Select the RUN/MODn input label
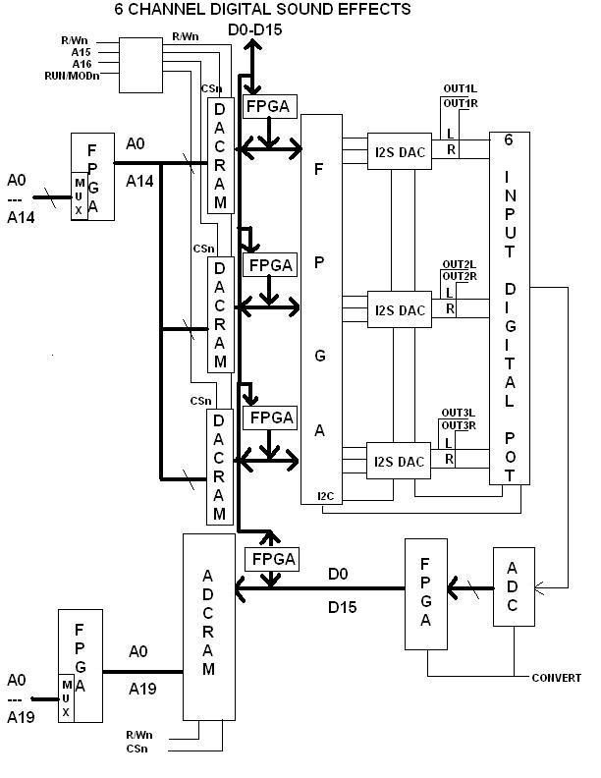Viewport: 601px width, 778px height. [x=69, y=75]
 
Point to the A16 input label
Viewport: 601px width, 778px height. [x=82, y=63]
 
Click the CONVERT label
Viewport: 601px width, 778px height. [x=556, y=678]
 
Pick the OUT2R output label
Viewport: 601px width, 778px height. [x=459, y=275]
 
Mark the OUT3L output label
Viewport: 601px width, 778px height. [x=458, y=413]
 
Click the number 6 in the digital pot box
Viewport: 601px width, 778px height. [x=509, y=139]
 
